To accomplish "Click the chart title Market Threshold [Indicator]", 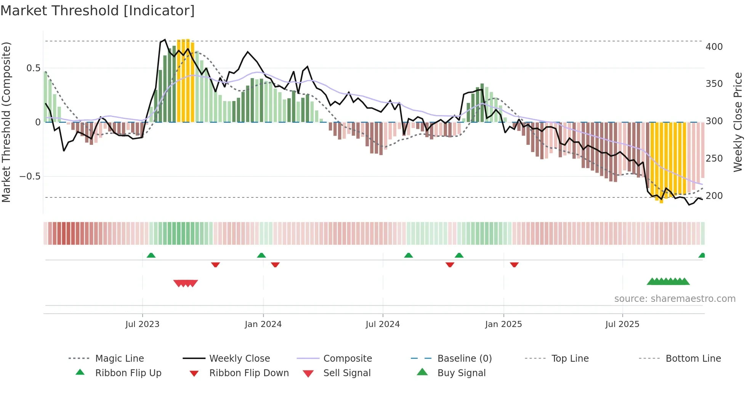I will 98,11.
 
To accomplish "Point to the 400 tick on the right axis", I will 714,47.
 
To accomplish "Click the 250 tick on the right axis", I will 714,159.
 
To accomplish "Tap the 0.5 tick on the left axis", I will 33,68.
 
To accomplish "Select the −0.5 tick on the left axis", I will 30,176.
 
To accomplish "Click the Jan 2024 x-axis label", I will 263,324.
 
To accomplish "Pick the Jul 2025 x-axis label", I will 622,324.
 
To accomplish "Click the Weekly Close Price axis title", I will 738,122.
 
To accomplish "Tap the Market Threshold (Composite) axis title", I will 6,122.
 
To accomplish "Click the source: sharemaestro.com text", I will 675,299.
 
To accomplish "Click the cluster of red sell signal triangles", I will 186,283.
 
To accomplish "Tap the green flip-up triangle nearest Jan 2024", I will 261,255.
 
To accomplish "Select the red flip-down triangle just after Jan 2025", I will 514,265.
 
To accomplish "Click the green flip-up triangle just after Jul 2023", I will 151,255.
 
